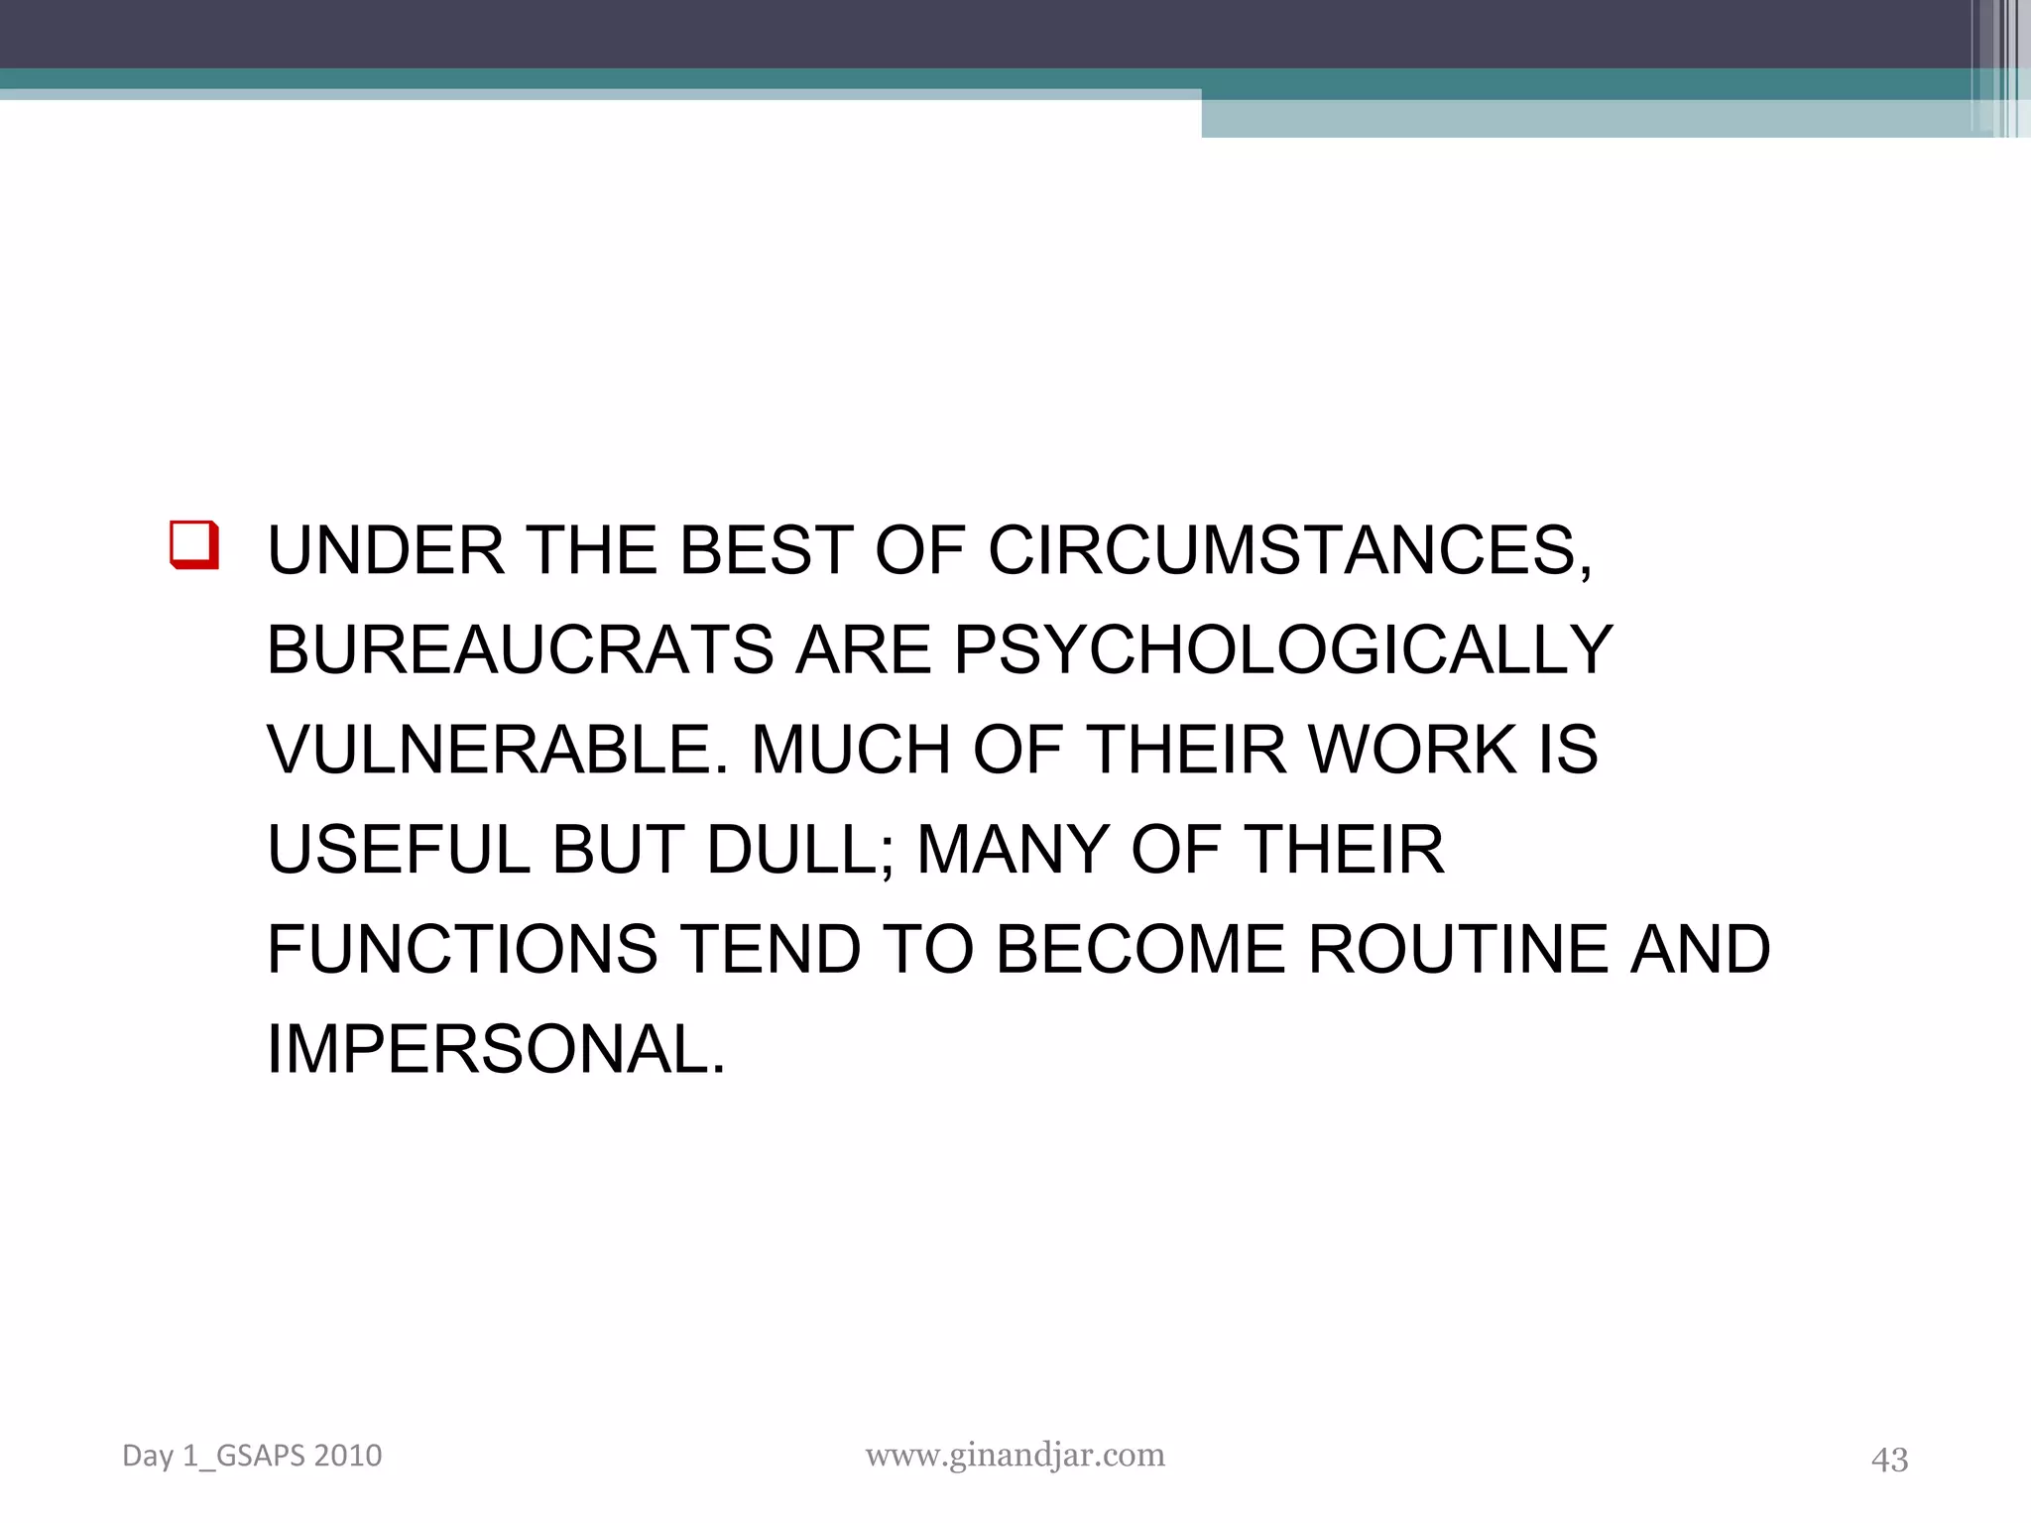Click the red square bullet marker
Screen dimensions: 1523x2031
[x=194, y=544]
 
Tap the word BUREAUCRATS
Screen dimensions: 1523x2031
[x=520, y=650]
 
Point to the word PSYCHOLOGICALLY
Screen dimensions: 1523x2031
[x=1283, y=650]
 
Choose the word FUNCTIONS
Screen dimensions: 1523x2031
[x=462, y=950]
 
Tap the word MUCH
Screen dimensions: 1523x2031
[x=852, y=750]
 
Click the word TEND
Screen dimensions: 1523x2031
[x=772, y=950]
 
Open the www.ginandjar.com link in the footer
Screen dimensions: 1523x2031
[x=1015, y=1455]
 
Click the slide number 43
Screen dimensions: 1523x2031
[x=1889, y=1459]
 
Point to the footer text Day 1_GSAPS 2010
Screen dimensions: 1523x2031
[x=252, y=1456]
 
